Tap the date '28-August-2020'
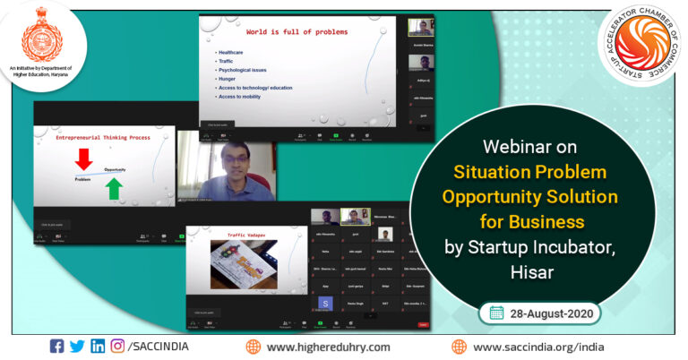point(546,313)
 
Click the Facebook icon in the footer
point(56,346)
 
